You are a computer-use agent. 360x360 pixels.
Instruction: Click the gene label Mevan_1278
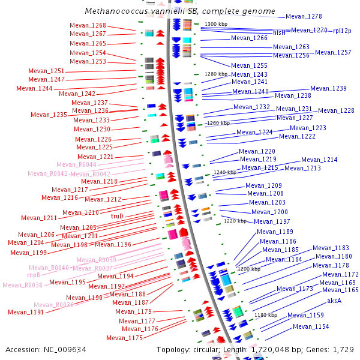304,17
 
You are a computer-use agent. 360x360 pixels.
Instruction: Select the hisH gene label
279,32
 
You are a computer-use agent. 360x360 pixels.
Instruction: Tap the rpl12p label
342,31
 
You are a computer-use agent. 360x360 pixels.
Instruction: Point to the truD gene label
117,216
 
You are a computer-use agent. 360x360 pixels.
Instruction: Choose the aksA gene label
334,301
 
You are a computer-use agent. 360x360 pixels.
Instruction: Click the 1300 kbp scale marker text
217,24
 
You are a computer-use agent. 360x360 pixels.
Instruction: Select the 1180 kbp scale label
265,314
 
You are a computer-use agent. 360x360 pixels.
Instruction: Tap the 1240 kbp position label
225,172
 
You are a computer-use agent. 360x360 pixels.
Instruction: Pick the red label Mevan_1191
26,312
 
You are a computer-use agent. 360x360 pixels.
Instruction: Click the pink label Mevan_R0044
76,164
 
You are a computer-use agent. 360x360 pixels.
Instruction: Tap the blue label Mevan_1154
311,326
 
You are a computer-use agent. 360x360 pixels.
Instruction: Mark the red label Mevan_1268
88,26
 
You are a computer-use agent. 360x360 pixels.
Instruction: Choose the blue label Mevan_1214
319,160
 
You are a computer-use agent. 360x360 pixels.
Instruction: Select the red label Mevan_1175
124,338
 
